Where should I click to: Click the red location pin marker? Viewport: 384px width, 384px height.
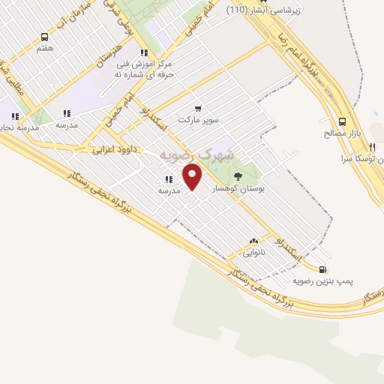coord(193,177)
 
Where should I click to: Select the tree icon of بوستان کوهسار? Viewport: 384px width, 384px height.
coord(238,177)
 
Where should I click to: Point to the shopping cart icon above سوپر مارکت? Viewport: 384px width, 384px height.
coord(198,108)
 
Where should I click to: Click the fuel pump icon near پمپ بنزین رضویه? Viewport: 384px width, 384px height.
coord(322,270)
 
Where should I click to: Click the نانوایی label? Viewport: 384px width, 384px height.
coord(253,252)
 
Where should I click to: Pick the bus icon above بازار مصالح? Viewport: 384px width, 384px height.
coord(343,121)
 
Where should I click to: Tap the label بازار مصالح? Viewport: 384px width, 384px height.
coord(337,133)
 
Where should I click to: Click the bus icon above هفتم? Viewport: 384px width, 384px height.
coord(44,37)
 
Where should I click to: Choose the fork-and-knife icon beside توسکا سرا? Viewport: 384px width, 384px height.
coord(372,148)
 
